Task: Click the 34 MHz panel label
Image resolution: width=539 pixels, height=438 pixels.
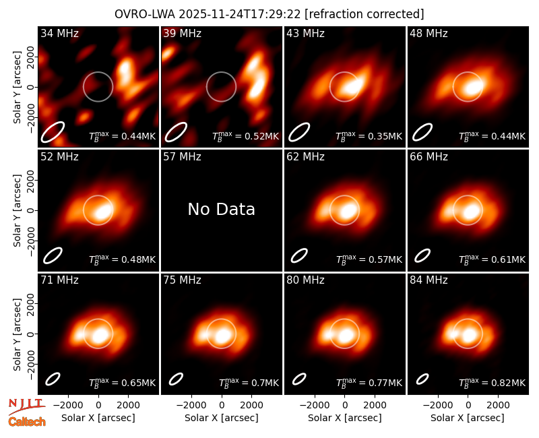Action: (59, 33)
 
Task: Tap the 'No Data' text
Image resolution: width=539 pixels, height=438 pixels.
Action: (222, 209)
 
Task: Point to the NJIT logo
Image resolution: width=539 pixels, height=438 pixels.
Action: (27, 406)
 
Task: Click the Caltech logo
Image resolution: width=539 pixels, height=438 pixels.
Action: (27, 422)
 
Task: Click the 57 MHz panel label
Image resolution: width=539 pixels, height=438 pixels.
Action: (182, 157)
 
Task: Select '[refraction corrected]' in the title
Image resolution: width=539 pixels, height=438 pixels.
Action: (364, 14)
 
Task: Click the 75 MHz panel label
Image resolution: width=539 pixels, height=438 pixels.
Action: (182, 280)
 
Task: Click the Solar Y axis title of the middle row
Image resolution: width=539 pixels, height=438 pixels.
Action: (17, 210)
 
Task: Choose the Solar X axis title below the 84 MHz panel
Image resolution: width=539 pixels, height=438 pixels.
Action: (468, 418)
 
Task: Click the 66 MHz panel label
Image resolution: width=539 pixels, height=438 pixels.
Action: (429, 157)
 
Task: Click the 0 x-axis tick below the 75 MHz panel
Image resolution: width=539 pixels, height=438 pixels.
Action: (222, 406)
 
